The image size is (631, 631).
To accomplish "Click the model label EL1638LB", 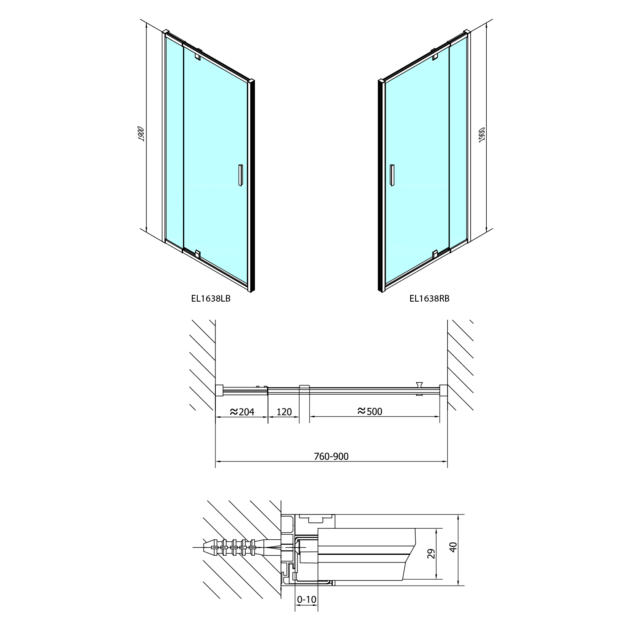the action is pos(211,299).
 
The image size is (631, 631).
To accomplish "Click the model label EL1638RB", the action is pos(430,299).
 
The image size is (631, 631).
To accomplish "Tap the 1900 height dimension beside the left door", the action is pos(142,134).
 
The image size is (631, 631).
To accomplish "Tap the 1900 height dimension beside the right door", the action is pos(482,134).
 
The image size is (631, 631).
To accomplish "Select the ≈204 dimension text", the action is pos(242,412).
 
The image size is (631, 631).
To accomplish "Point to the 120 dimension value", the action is pos(284,412).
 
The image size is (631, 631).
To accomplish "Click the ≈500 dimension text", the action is pos(370,411).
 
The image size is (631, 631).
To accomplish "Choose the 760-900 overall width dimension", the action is pos(331,456).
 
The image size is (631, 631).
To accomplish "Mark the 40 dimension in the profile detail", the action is pos(453,547).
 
